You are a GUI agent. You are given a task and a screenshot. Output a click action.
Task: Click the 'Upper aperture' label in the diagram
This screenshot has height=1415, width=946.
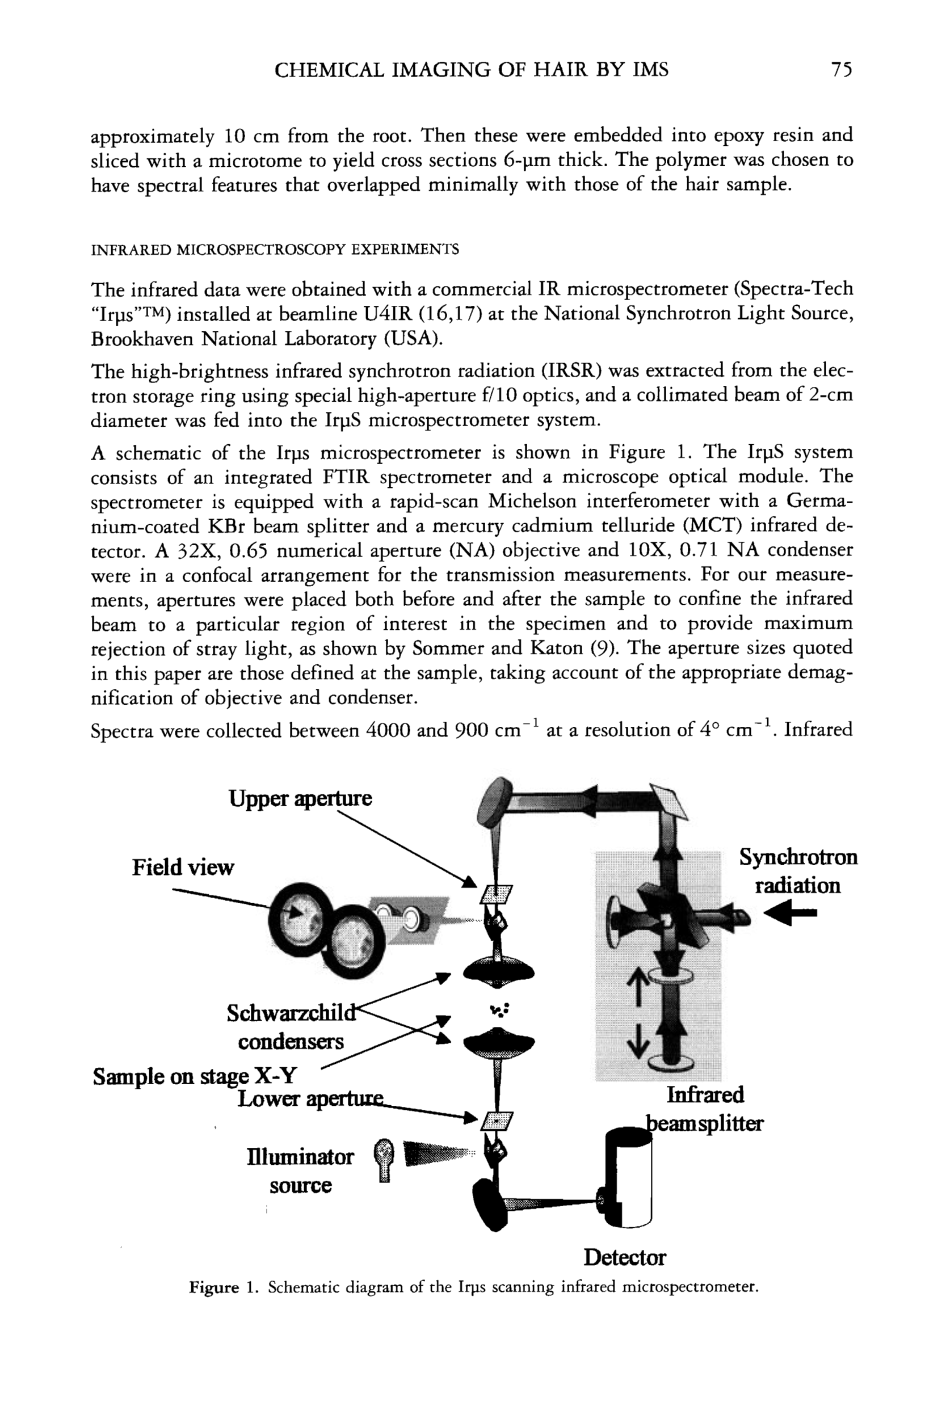point(300,799)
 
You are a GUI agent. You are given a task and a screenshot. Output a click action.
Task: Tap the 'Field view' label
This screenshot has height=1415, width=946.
point(183,867)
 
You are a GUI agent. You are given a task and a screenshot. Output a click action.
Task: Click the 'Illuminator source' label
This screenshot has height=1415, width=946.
point(300,1170)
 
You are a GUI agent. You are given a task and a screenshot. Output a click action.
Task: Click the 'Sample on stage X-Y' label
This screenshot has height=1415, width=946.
point(194,1076)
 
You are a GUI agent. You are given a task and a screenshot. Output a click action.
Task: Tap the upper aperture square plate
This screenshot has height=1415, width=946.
point(496,893)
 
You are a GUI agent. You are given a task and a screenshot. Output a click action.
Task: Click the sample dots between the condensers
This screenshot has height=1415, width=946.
point(500,1010)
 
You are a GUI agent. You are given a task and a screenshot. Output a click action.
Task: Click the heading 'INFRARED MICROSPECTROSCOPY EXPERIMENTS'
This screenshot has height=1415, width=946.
point(275,249)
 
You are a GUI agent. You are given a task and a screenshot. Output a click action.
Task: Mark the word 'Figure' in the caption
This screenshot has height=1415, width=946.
point(213,1288)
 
